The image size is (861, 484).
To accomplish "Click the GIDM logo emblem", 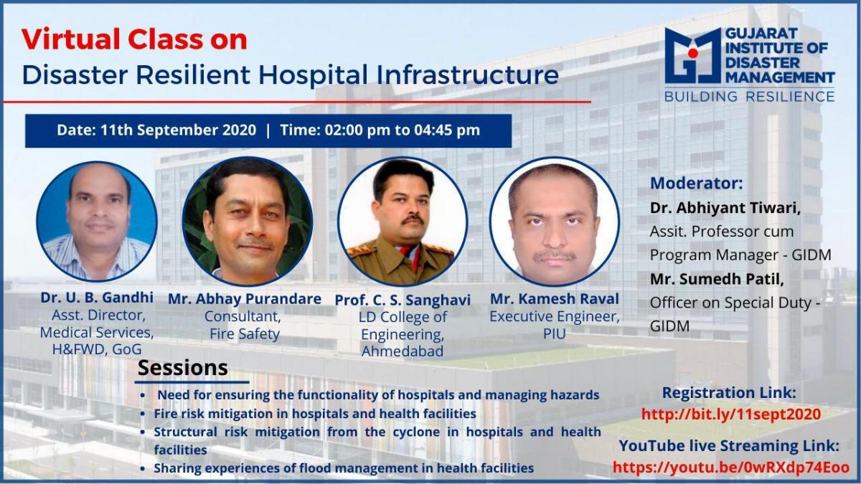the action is pos(692,55).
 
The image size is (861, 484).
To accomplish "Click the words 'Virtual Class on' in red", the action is pos(134,39).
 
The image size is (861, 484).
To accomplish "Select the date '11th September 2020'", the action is pos(178,130).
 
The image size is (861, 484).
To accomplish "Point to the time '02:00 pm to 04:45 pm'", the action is pos(402,130).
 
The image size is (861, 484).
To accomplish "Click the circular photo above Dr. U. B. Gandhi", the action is pos(97,222).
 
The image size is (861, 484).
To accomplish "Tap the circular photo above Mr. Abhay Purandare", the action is pos(247,222).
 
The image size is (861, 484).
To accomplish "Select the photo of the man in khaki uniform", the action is pos(403,222).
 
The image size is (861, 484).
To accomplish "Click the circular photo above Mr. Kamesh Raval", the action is pos(554,222).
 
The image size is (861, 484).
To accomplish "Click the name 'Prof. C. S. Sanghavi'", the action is pos(403,300).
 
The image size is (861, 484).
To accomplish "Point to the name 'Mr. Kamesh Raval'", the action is pos(554,299).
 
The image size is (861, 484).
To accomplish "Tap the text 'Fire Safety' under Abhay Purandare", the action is pos(245,334).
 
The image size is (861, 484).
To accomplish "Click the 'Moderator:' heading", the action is pos(696,183).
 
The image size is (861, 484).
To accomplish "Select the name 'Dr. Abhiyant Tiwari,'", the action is pos(725,208).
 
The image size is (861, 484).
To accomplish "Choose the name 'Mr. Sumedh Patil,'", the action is pos(717,279).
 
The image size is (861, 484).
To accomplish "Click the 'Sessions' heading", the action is pos(183,368).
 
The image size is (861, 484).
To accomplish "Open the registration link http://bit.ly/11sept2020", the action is pos(731,414).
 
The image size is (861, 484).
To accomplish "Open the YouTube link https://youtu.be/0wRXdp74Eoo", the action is pos(731,468).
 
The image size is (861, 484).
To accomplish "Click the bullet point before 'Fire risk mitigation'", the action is pos(143,414).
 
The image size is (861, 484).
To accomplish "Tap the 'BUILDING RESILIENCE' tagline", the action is pos(750,96).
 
